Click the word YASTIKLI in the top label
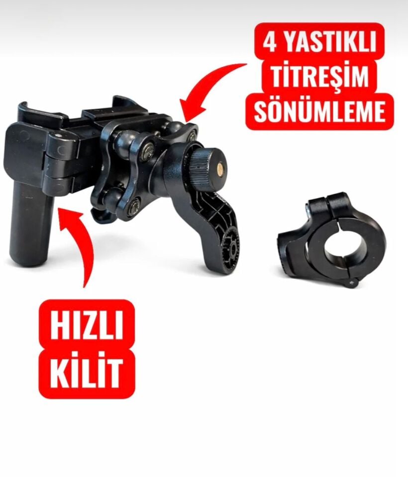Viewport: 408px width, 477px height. (x=330, y=43)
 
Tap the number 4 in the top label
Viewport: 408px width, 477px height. (x=270, y=43)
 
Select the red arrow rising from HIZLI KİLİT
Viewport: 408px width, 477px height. (x=80, y=243)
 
